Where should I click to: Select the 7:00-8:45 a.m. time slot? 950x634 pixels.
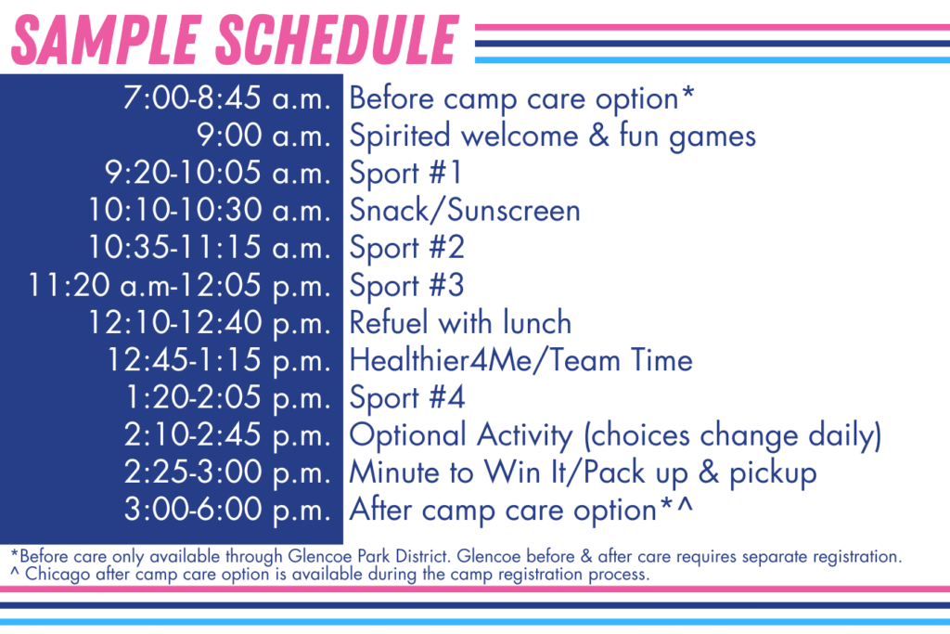(227, 97)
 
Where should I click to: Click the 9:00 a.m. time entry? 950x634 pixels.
(264, 136)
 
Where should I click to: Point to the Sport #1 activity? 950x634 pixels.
(406, 173)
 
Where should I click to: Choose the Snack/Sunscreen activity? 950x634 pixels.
(465, 211)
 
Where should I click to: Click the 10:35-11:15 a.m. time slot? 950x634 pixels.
(210, 247)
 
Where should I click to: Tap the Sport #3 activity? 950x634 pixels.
(406, 286)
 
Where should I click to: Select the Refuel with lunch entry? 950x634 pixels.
(460, 322)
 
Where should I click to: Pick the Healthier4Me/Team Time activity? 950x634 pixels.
(521, 360)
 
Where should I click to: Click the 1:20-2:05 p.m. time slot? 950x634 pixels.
(228, 397)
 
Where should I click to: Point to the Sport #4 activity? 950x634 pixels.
(407, 397)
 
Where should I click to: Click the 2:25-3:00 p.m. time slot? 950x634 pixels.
(228, 472)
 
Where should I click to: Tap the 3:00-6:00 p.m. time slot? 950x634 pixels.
(228, 510)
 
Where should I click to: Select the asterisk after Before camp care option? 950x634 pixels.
(687, 92)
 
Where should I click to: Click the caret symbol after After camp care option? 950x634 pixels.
(685, 504)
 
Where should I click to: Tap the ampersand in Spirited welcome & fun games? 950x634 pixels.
(598, 135)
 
